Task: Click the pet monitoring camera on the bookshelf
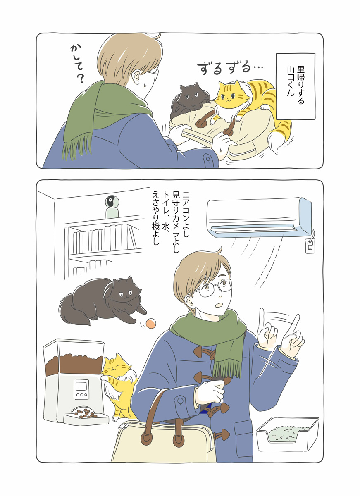click(x=112, y=207)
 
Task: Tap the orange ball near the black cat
click(x=151, y=323)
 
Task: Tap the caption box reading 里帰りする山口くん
click(x=296, y=86)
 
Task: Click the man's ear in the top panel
click(x=137, y=76)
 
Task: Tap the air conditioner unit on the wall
click(x=259, y=218)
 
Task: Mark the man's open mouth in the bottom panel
click(x=219, y=305)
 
